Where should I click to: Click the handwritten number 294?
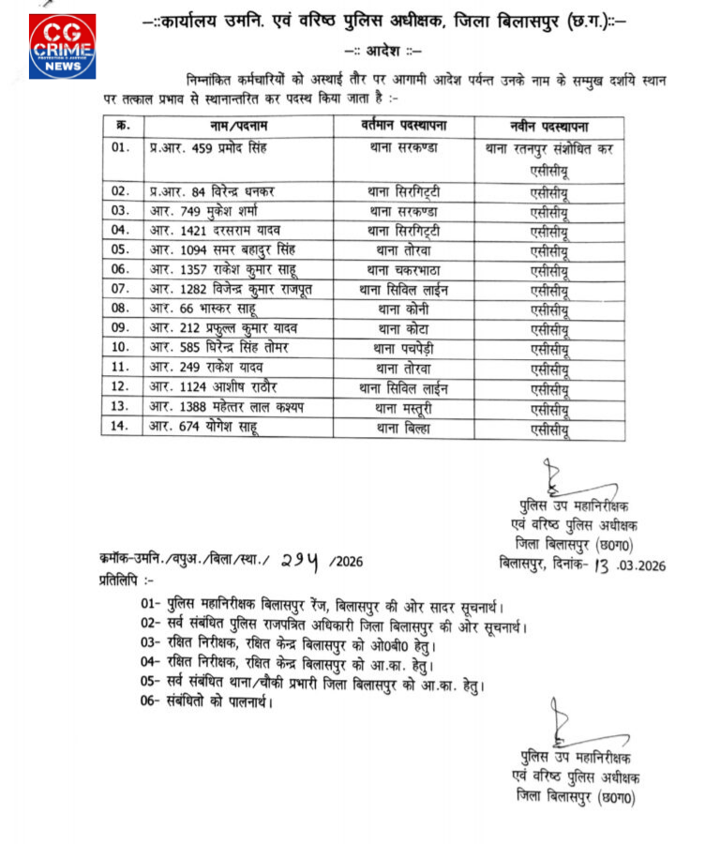pos(300,561)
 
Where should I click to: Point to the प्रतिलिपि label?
pos(123,580)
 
